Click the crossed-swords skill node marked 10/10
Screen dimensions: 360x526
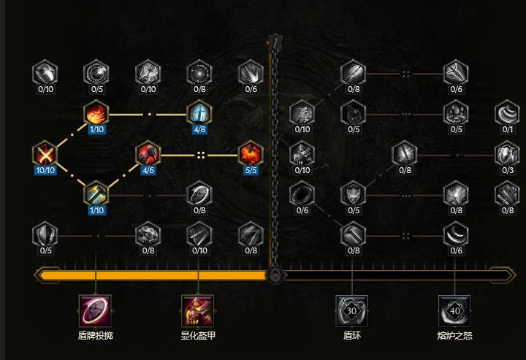45,154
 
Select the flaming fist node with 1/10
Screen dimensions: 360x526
96,114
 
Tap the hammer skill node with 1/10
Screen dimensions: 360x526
96,194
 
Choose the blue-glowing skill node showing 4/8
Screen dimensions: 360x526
199,114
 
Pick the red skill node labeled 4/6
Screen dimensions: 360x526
148,154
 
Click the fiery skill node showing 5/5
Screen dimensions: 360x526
250,154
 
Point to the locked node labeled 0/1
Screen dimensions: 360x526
506,114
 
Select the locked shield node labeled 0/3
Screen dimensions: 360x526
506,154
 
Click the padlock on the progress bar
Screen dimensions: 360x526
275,275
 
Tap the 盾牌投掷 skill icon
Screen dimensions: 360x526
95,310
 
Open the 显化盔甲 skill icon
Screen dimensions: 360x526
197,310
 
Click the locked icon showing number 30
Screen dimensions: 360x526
352,310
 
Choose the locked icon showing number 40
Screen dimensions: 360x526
454,310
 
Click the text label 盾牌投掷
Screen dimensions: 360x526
95,336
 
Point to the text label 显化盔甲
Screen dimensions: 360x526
198,336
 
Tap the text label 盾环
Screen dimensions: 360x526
352,336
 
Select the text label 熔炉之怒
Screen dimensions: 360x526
454,336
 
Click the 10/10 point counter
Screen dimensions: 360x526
45,170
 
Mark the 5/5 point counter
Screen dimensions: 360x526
250,170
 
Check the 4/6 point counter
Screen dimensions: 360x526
148,170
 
